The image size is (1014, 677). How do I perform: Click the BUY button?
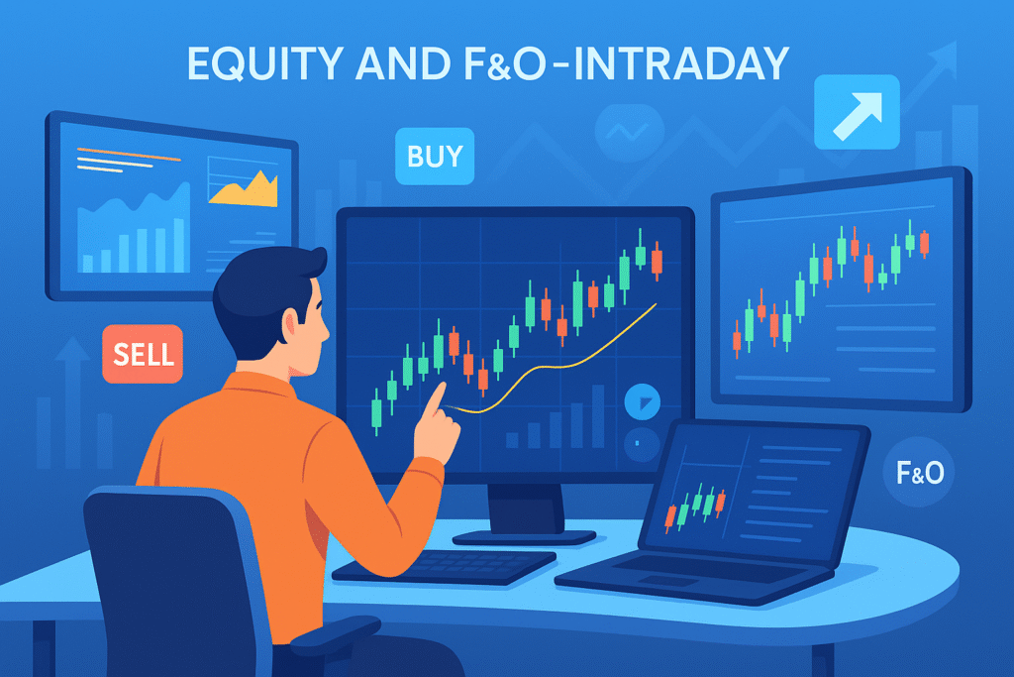pos(435,156)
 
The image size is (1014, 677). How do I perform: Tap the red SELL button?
pos(143,354)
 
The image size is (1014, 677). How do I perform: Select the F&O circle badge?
pos(919,473)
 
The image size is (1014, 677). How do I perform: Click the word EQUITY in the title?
pos(265,63)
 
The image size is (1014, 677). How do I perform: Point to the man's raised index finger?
pos(435,399)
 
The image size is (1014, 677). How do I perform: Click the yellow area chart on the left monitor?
pos(244,189)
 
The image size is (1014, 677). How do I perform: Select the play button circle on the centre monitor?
pos(642,401)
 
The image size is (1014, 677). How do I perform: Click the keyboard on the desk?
pos(445,566)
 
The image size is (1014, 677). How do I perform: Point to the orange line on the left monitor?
pos(129,155)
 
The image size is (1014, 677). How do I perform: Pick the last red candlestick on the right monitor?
pos(924,243)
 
